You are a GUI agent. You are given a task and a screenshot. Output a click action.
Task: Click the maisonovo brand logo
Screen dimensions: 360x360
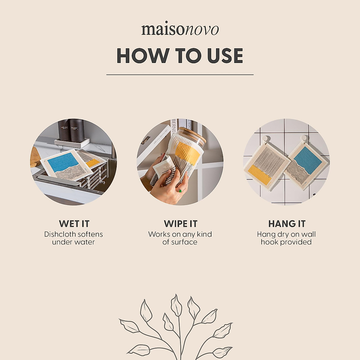pyautogui.click(x=180, y=30)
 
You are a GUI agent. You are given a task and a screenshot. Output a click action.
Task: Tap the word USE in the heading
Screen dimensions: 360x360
pyautogui.click(x=223, y=56)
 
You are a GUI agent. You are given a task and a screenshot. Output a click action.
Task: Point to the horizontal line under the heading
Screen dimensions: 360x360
pyautogui.click(x=180, y=74)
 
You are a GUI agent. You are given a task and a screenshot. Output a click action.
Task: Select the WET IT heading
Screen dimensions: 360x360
pyautogui.click(x=74, y=224)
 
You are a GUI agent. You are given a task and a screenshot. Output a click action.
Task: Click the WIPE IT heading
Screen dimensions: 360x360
pyautogui.click(x=180, y=224)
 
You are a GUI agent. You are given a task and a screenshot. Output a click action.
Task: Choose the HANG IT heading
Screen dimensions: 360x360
pyautogui.click(x=286, y=224)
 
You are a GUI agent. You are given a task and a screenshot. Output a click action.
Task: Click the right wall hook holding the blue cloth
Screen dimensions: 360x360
pyautogui.click(x=304, y=139)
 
